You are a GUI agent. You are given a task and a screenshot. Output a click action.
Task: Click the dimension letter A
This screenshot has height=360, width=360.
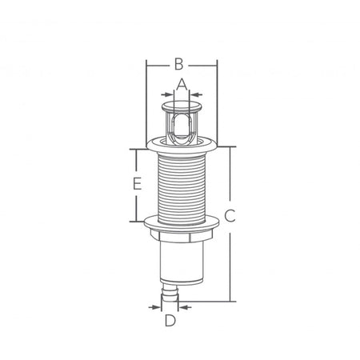(x=182, y=84)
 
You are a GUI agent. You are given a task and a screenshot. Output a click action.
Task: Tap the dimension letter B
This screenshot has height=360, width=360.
(x=179, y=64)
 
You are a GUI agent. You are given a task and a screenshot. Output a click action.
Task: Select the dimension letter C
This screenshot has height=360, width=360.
(x=230, y=216)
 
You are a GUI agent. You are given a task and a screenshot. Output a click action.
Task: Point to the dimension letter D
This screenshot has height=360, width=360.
(x=170, y=320)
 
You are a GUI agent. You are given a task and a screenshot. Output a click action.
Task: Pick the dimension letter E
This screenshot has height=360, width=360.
(x=137, y=183)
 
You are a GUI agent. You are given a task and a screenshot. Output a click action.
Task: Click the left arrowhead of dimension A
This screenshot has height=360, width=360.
(x=168, y=94)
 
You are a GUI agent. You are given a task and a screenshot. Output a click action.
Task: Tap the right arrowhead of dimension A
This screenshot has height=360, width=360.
(x=195, y=94)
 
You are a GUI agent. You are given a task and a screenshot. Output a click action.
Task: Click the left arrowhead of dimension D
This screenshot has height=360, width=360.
(x=155, y=307)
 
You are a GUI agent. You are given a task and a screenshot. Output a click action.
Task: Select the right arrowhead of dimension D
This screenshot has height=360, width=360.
(x=184, y=307)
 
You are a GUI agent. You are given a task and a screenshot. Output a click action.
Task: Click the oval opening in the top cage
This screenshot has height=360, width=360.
(x=182, y=126)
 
